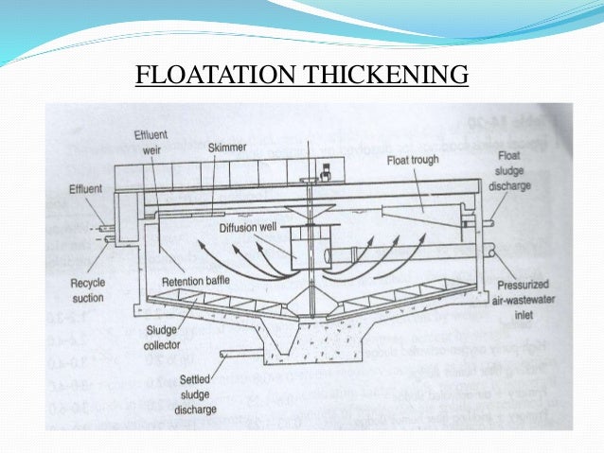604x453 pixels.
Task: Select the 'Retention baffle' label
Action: [x=194, y=281]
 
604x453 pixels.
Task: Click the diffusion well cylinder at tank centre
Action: [x=304, y=249]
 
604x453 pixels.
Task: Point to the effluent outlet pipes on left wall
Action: [x=105, y=234]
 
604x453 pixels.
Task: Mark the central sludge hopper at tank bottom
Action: [x=303, y=340]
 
